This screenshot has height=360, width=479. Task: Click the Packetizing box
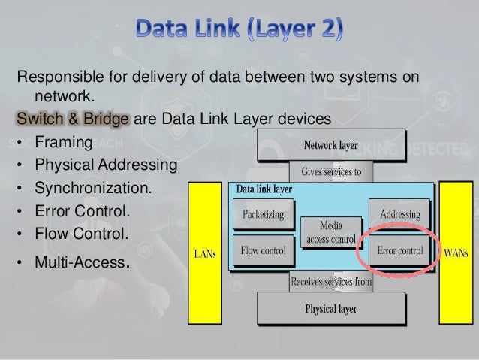pyautogui.click(x=263, y=215)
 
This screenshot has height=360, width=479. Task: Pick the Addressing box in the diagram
pyautogui.click(x=399, y=215)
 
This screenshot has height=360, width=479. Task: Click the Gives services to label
pyautogui.click(x=331, y=171)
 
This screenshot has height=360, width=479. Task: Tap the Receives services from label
pyautogui.click(x=331, y=282)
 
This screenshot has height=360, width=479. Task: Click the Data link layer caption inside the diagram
pyautogui.click(x=264, y=190)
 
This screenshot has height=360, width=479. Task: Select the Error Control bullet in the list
pyautogui.click(x=78, y=210)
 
